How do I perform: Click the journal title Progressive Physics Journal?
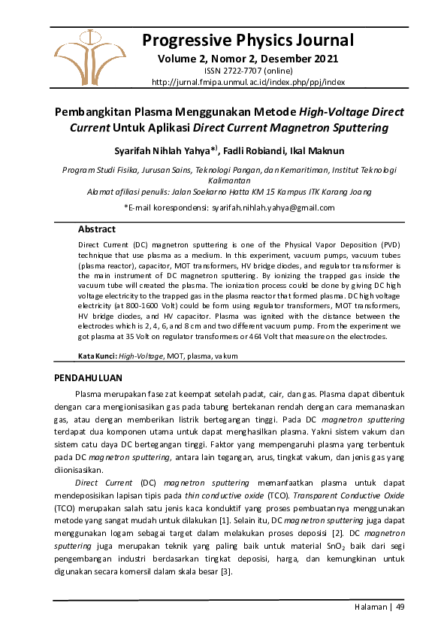click(x=247, y=40)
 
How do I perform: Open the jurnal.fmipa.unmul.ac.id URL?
click(x=247, y=82)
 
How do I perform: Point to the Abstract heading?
click(x=97, y=229)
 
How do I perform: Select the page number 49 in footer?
click(x=400, y=607)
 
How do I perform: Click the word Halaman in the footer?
click(x=370, y=607)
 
